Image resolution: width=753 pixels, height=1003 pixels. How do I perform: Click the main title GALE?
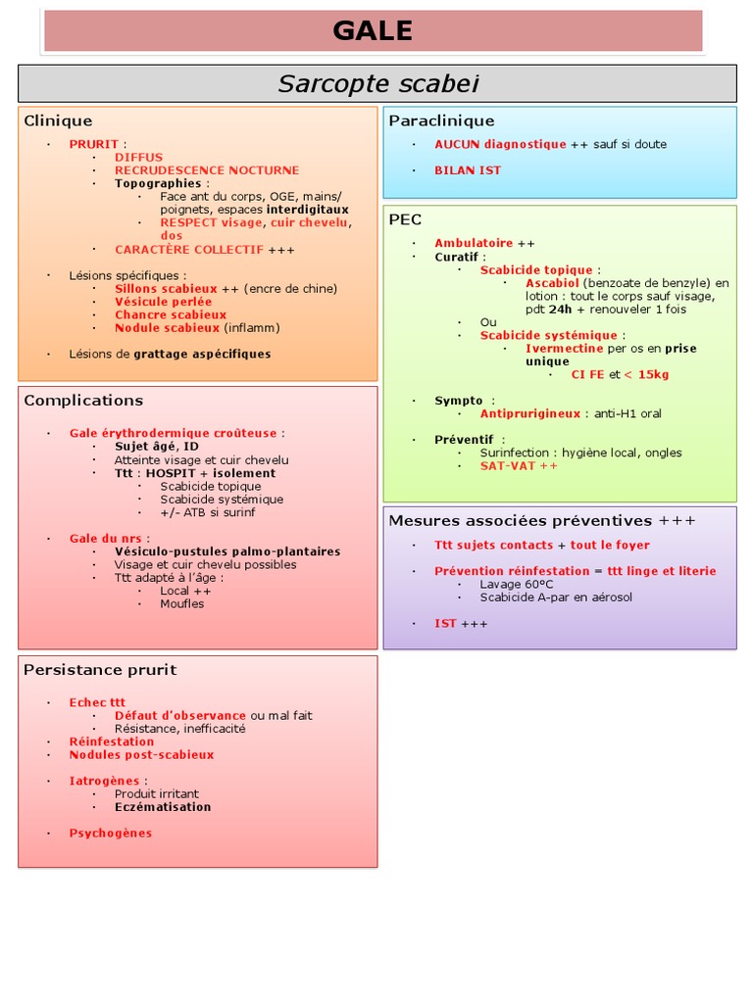[x=373, y=30]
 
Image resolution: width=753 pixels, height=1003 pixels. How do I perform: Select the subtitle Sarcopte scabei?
[x=377, y=84]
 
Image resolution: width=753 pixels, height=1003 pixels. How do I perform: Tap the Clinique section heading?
[x=58, y=120]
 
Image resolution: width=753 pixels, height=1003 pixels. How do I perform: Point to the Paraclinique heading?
[x=441, y=120]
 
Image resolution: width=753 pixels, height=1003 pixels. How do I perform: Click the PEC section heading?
[x=405, y=219]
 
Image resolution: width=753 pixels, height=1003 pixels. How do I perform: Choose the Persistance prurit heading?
[x=100, y=670]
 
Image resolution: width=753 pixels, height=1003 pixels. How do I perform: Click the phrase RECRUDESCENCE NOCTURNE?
[x=207, y=170]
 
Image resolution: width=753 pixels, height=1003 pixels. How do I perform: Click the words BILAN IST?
[x=468, y=170]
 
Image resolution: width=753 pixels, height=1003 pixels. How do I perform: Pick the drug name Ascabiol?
[x=552, y=283]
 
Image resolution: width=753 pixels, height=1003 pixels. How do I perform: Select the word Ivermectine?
[x=564, y=348]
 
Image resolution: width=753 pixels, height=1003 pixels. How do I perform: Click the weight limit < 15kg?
[x=647, y=374]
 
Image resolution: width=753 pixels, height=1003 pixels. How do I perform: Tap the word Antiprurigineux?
[x=530, y=413]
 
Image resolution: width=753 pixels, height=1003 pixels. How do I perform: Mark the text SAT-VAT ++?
[x=519, y=466]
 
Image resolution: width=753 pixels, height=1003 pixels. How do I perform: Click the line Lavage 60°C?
[x=517, y=584]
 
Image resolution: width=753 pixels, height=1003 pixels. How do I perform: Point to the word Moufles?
[x=182, y=603]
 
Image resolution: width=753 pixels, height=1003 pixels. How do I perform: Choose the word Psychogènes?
[x=111, y=834]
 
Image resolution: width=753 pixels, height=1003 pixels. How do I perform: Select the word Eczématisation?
[x=163, y=807]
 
